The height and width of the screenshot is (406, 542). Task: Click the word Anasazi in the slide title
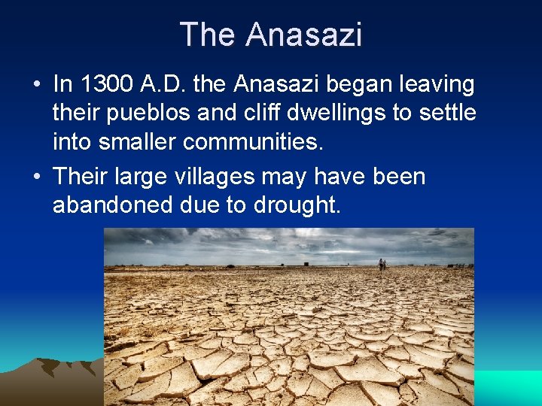[x=303, y=35]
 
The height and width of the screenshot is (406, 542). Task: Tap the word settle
[x=448, y=113]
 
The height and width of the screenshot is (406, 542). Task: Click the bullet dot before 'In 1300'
[x=37, y=85]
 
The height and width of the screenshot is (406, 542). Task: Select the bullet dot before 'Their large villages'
[x=37, y=177]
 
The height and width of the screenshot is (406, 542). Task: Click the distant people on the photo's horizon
[x=382, y=264]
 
